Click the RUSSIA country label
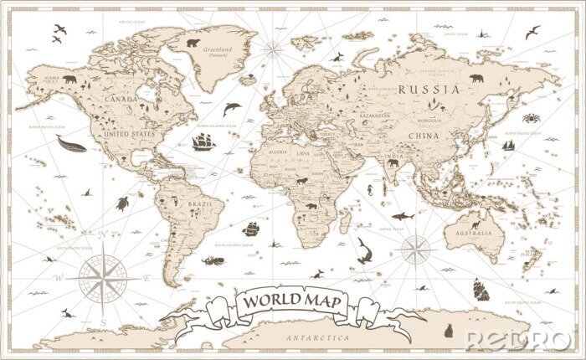click(x=428, y=89)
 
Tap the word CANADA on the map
click(x=120, y=99)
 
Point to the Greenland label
click(x=214, y=49)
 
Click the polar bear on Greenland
click(x=193, y=42)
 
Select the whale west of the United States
click(x=71, y=143)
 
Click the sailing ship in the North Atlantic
click(x=203, y=141)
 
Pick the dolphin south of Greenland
click(x=232, y=108)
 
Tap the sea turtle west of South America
click(x=122, y=203)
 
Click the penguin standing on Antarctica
click(x=449, y=330)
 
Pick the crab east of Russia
click(x=531, y=118)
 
